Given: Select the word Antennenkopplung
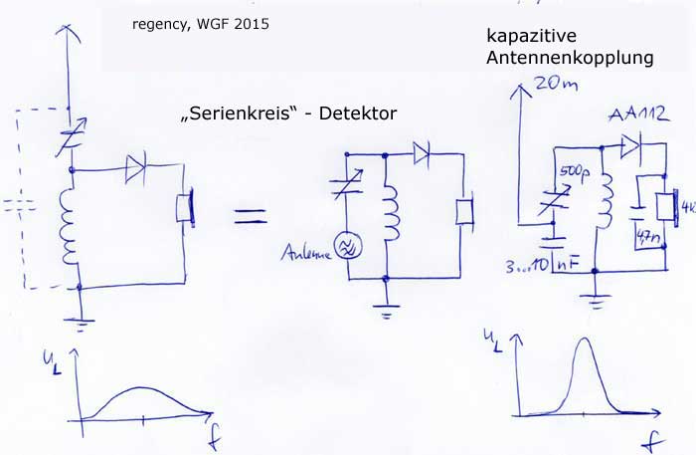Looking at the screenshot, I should pos(570,59).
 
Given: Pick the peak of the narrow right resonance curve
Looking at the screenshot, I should pos(585,340).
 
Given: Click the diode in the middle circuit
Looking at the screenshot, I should pos(422,153).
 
